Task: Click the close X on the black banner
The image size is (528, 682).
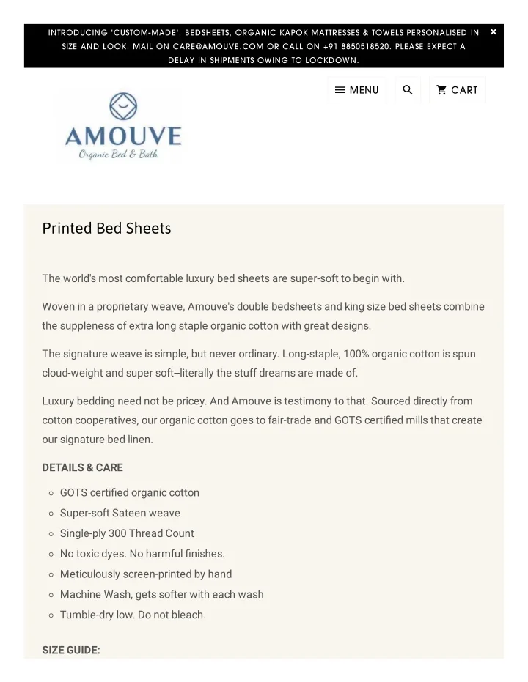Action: pyautogui.click(x=494, y=32)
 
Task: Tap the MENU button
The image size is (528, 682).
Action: pyautogui.click(x=356, y=90)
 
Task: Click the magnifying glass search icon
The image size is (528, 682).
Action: pyautogui.click(x=408, y=90)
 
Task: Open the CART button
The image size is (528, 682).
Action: pyautogui.click(x=457, y=90)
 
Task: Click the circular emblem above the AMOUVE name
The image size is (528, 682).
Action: pyautogui.click(x=123, y=107)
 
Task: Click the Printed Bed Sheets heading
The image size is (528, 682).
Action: pyautogui.click(x=106, y=229)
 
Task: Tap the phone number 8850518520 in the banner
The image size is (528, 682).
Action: pyautogui.click(x=366, y=46)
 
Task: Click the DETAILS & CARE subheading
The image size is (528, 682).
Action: pyautogui.click(x=82, y=467)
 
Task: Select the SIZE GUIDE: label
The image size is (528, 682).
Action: pyautogui.click(x=71, y=650)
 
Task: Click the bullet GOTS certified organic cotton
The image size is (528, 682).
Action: pyautogui.click(x=129, y=492)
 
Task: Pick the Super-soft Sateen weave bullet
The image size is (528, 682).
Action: pyautogui.click(x=120, y=513)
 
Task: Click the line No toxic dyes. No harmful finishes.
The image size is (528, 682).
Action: pyautogui.click(x=142, y=554)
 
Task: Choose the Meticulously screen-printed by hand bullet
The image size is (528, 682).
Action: pyautogui.click(x=145, y=574)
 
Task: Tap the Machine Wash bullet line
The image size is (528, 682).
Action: pyautogui.click(x=161, y=594)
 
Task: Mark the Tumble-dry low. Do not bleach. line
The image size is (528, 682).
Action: pyautogui.click(x=133, y=615)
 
